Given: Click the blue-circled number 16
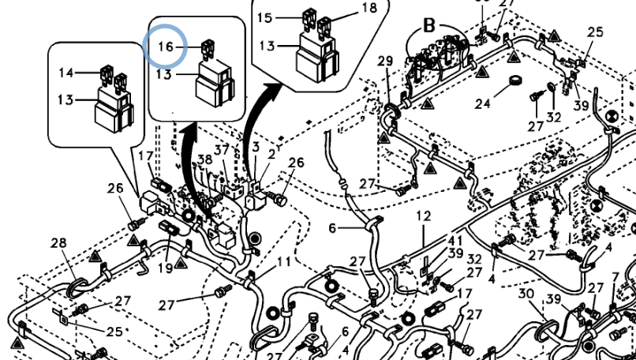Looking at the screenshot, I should pos(166,47).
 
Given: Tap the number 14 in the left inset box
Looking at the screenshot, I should pos(66,73).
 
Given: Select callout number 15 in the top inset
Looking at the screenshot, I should pos(265,17).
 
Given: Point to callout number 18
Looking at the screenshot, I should pos(369,8).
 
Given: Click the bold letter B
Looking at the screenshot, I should pos(429,24).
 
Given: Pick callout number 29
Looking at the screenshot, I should pos(385,61).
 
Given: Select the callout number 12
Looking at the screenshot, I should pos(424,216).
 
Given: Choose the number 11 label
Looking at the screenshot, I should pos(283,261).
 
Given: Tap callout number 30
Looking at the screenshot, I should pos(526,294).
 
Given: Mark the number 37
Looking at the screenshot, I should pos(223,150).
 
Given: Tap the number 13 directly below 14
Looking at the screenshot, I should pos(66,99).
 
